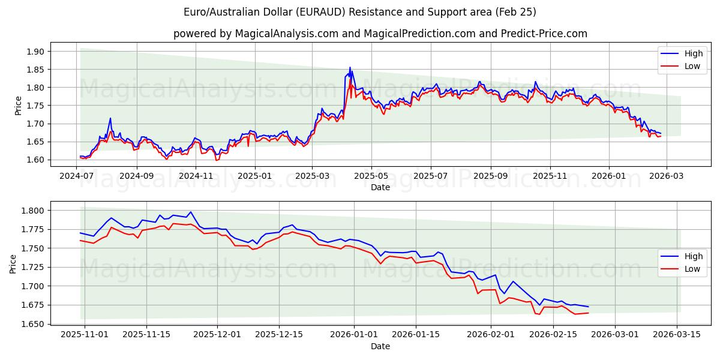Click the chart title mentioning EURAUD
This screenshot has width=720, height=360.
(x=360, y=12)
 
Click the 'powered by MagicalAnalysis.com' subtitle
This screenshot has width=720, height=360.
(x=380, y=34)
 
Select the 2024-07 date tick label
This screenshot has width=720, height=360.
(x=77, y=176)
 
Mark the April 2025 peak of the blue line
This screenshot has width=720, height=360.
(x=350, y=67)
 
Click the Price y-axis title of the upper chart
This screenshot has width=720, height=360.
(x=17, y=106)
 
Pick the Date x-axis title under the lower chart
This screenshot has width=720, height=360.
(x=380, y=346)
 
